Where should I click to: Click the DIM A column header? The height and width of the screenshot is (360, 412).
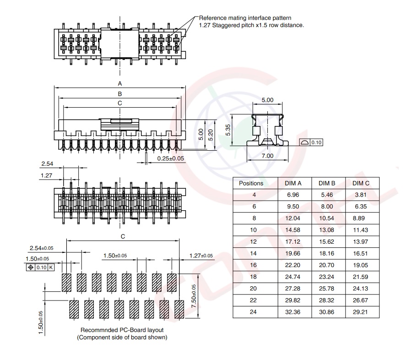[293, 183]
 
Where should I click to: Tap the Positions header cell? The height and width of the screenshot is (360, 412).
[251, 183]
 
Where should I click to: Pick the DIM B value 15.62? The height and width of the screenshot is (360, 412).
[327, 241]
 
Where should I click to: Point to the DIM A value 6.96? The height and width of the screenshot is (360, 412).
[293, 195]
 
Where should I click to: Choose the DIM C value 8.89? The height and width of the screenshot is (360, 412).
[360, 218]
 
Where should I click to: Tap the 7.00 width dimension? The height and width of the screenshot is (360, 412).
[267, 156]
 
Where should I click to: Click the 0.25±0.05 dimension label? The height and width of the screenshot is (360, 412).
[170, 158]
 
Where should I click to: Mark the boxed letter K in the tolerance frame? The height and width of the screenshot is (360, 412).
[51, 267]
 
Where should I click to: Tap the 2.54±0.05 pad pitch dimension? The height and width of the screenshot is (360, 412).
[41, 248]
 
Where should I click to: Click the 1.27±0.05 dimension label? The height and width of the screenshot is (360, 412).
[201, 256]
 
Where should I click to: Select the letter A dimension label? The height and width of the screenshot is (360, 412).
[120, 84]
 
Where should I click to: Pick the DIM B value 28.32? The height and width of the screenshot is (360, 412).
[327, 300]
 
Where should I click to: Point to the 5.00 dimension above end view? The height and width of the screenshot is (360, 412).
[267, 100]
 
